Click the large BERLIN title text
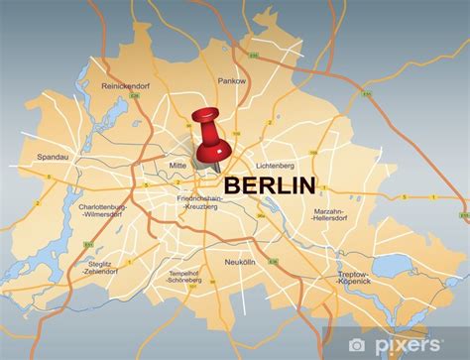[x=270, y=185]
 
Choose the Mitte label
[x=176, y=167]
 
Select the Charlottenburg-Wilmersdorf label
[x=104, y=211]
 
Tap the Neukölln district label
[x=267, y=263]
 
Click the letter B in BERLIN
[x=232, y=185]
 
